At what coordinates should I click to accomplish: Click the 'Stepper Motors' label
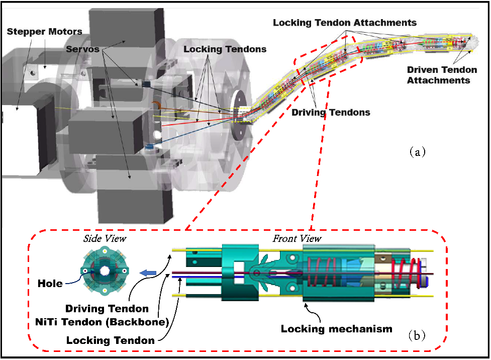(x=44, y=32)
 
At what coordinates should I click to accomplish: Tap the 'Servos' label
(x=82, y=49)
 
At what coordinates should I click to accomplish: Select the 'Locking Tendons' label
(x=225, y=49)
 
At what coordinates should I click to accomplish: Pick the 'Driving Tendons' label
(x=331, y=113)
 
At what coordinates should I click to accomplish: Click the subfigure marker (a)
(x=417, y=151)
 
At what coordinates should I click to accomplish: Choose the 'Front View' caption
(x=297, y=238)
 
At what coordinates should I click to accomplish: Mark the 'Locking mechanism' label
(x=336, y=329)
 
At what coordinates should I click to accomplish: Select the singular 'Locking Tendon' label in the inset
(x=110, y=340)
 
